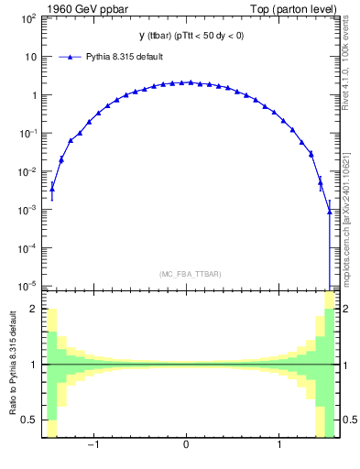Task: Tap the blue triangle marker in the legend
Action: point(72,57)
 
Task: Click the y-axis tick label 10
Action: point(31,57)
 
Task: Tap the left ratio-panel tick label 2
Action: point(35,310)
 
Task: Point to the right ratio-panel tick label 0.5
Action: point(347,420)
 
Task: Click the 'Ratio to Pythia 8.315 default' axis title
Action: point(12,365)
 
